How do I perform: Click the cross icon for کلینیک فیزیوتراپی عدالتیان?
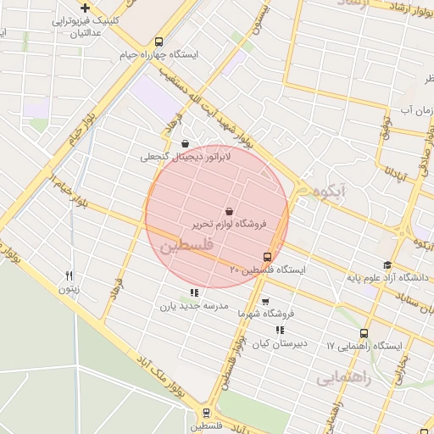point(85,8)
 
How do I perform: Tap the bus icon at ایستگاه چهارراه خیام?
point(159,42)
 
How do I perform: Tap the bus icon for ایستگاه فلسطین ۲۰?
point(268,257)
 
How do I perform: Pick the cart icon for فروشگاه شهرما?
point(265,301)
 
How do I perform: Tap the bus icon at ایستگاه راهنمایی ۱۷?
point(364,333)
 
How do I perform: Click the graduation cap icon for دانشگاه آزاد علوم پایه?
point(387,265)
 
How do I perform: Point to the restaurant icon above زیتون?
point(70,275)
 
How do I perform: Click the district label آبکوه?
point(326,192)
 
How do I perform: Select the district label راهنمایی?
point(344,379)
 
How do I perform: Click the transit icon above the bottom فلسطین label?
point(206,414)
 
